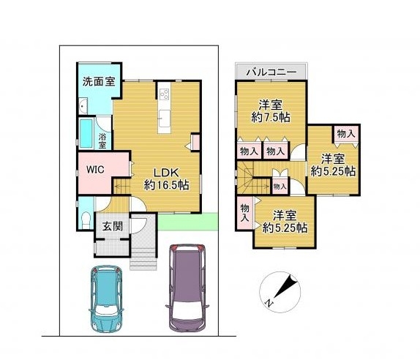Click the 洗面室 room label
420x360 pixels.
(x=99, y=81)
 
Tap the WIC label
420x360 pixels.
(x=95, y=170)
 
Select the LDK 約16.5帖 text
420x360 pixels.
(x=166, y=179)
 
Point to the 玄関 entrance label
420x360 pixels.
(x=113, y=226)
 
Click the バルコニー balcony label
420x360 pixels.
(x=271, y=72)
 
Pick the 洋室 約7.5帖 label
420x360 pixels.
(x=271, y=110)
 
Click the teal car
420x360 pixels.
(x=107, y=299)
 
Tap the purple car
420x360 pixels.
(x=187, y=288)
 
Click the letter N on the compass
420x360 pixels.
(x=269, y=303)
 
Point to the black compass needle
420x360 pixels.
(x=286, y=286)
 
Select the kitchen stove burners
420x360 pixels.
(x=164, y=94)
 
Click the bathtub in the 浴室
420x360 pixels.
(x=86, y=133)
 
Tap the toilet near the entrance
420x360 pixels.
(x=86, y=220)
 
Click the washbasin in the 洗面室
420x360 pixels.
(x=83, y=105)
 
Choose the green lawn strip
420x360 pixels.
(x=187, y=222)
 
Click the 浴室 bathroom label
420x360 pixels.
(x=102, y=141)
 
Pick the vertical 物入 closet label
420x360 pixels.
(x=244, y=212)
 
